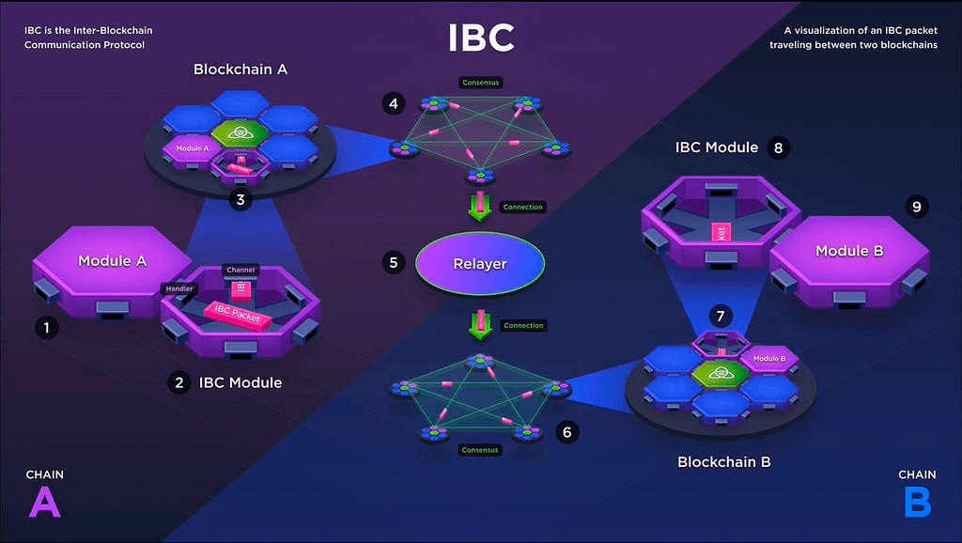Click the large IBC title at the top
click(x=480, y=38)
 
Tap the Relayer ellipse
click(x=480, y=263)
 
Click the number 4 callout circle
click(x=393, y=101)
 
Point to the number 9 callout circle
click(x=919, y=205)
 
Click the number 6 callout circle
click(x=566, y=432)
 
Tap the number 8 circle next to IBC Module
click(x=777, y=147)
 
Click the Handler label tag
click(x=178, y=288)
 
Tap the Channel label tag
click(x=240, y=270)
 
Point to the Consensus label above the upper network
click(x=480, y=83)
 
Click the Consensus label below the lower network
click(x=480, y=450)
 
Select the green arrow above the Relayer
click(x=480, y=206)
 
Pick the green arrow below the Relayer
click(x=480, y=325)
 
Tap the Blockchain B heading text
click(x=724, y=462)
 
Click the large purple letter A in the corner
click(x=44, y=504)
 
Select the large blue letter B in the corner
click(x=917, y=504)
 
